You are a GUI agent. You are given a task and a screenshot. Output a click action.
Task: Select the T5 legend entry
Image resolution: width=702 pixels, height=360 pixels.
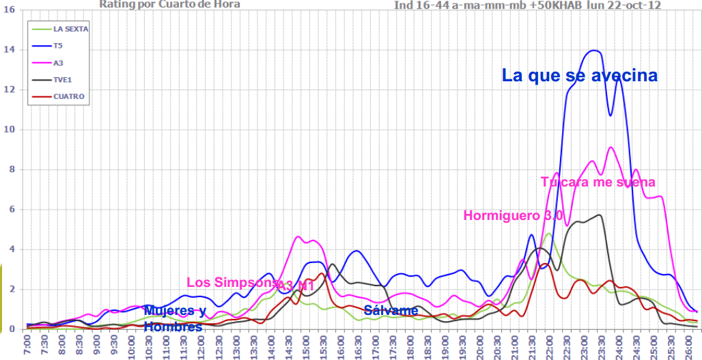[x=57, y=46]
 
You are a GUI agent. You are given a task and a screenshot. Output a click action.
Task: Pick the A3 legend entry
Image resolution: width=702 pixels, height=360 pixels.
[x=58, y=63]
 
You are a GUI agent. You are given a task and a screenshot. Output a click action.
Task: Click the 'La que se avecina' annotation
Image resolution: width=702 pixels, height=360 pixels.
[x=580, y=75]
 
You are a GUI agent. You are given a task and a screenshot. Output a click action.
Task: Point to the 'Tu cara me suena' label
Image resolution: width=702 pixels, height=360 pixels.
[x=598, y=182]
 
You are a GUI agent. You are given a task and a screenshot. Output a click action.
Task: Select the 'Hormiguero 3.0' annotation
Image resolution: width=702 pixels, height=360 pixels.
[x=513, y=216]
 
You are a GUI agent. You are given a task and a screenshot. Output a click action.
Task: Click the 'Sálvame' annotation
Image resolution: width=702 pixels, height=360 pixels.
[x=391, y=311]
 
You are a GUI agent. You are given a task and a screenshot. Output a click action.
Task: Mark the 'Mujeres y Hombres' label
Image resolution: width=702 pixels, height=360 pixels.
[x=174, y=319]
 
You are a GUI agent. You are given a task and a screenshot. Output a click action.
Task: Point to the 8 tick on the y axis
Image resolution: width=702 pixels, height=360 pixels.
[x=10, y=169]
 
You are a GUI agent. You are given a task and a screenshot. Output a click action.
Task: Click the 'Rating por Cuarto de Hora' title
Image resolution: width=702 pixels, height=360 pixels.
[x=169, y=4]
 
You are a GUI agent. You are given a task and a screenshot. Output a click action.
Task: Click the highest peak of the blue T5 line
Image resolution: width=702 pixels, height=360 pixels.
[x=594, y=51]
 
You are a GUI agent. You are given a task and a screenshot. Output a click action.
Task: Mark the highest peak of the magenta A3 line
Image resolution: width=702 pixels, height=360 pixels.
[x=610, y=148]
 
